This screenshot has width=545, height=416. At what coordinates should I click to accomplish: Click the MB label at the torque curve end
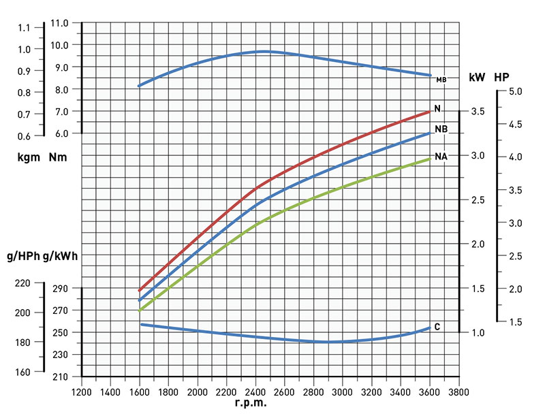(x=441, y=80)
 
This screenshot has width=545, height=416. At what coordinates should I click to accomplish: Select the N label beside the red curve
(x=437, y=109)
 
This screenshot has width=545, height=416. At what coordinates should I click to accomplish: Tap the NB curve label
(x=441, y=129)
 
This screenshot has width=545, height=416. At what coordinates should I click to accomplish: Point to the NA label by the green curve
(x=441, y=157)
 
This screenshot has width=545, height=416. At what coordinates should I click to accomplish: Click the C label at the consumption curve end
(x=437, y=327)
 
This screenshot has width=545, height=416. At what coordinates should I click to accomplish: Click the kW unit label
(x=477, y=77)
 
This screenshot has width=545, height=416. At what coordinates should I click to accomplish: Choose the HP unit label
(x=501, y=77)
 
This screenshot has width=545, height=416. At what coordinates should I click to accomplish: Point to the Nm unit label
(x=59, y=159)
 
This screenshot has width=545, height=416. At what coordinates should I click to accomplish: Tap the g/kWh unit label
(x=59, y=257)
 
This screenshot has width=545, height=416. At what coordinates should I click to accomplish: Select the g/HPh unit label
(x=23, y=257)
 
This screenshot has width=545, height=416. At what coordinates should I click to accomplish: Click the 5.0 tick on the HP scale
(x=514, y=91)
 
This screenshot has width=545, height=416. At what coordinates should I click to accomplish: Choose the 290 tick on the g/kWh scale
(x=61, y=289)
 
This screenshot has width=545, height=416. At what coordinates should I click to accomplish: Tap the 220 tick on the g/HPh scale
(x=22, y=283)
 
